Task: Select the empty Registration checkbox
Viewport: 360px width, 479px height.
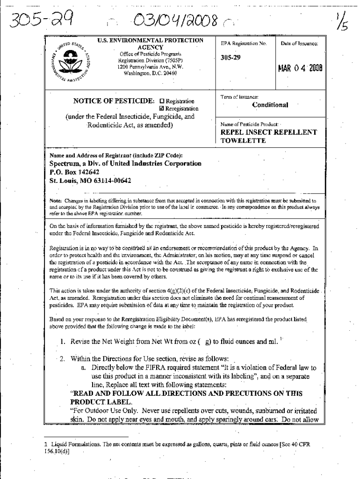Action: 162,101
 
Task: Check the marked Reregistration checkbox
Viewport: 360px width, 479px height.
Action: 162,109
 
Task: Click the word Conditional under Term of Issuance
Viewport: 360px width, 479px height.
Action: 270,105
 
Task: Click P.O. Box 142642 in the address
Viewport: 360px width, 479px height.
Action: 74,172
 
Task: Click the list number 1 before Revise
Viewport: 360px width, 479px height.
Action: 62,341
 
